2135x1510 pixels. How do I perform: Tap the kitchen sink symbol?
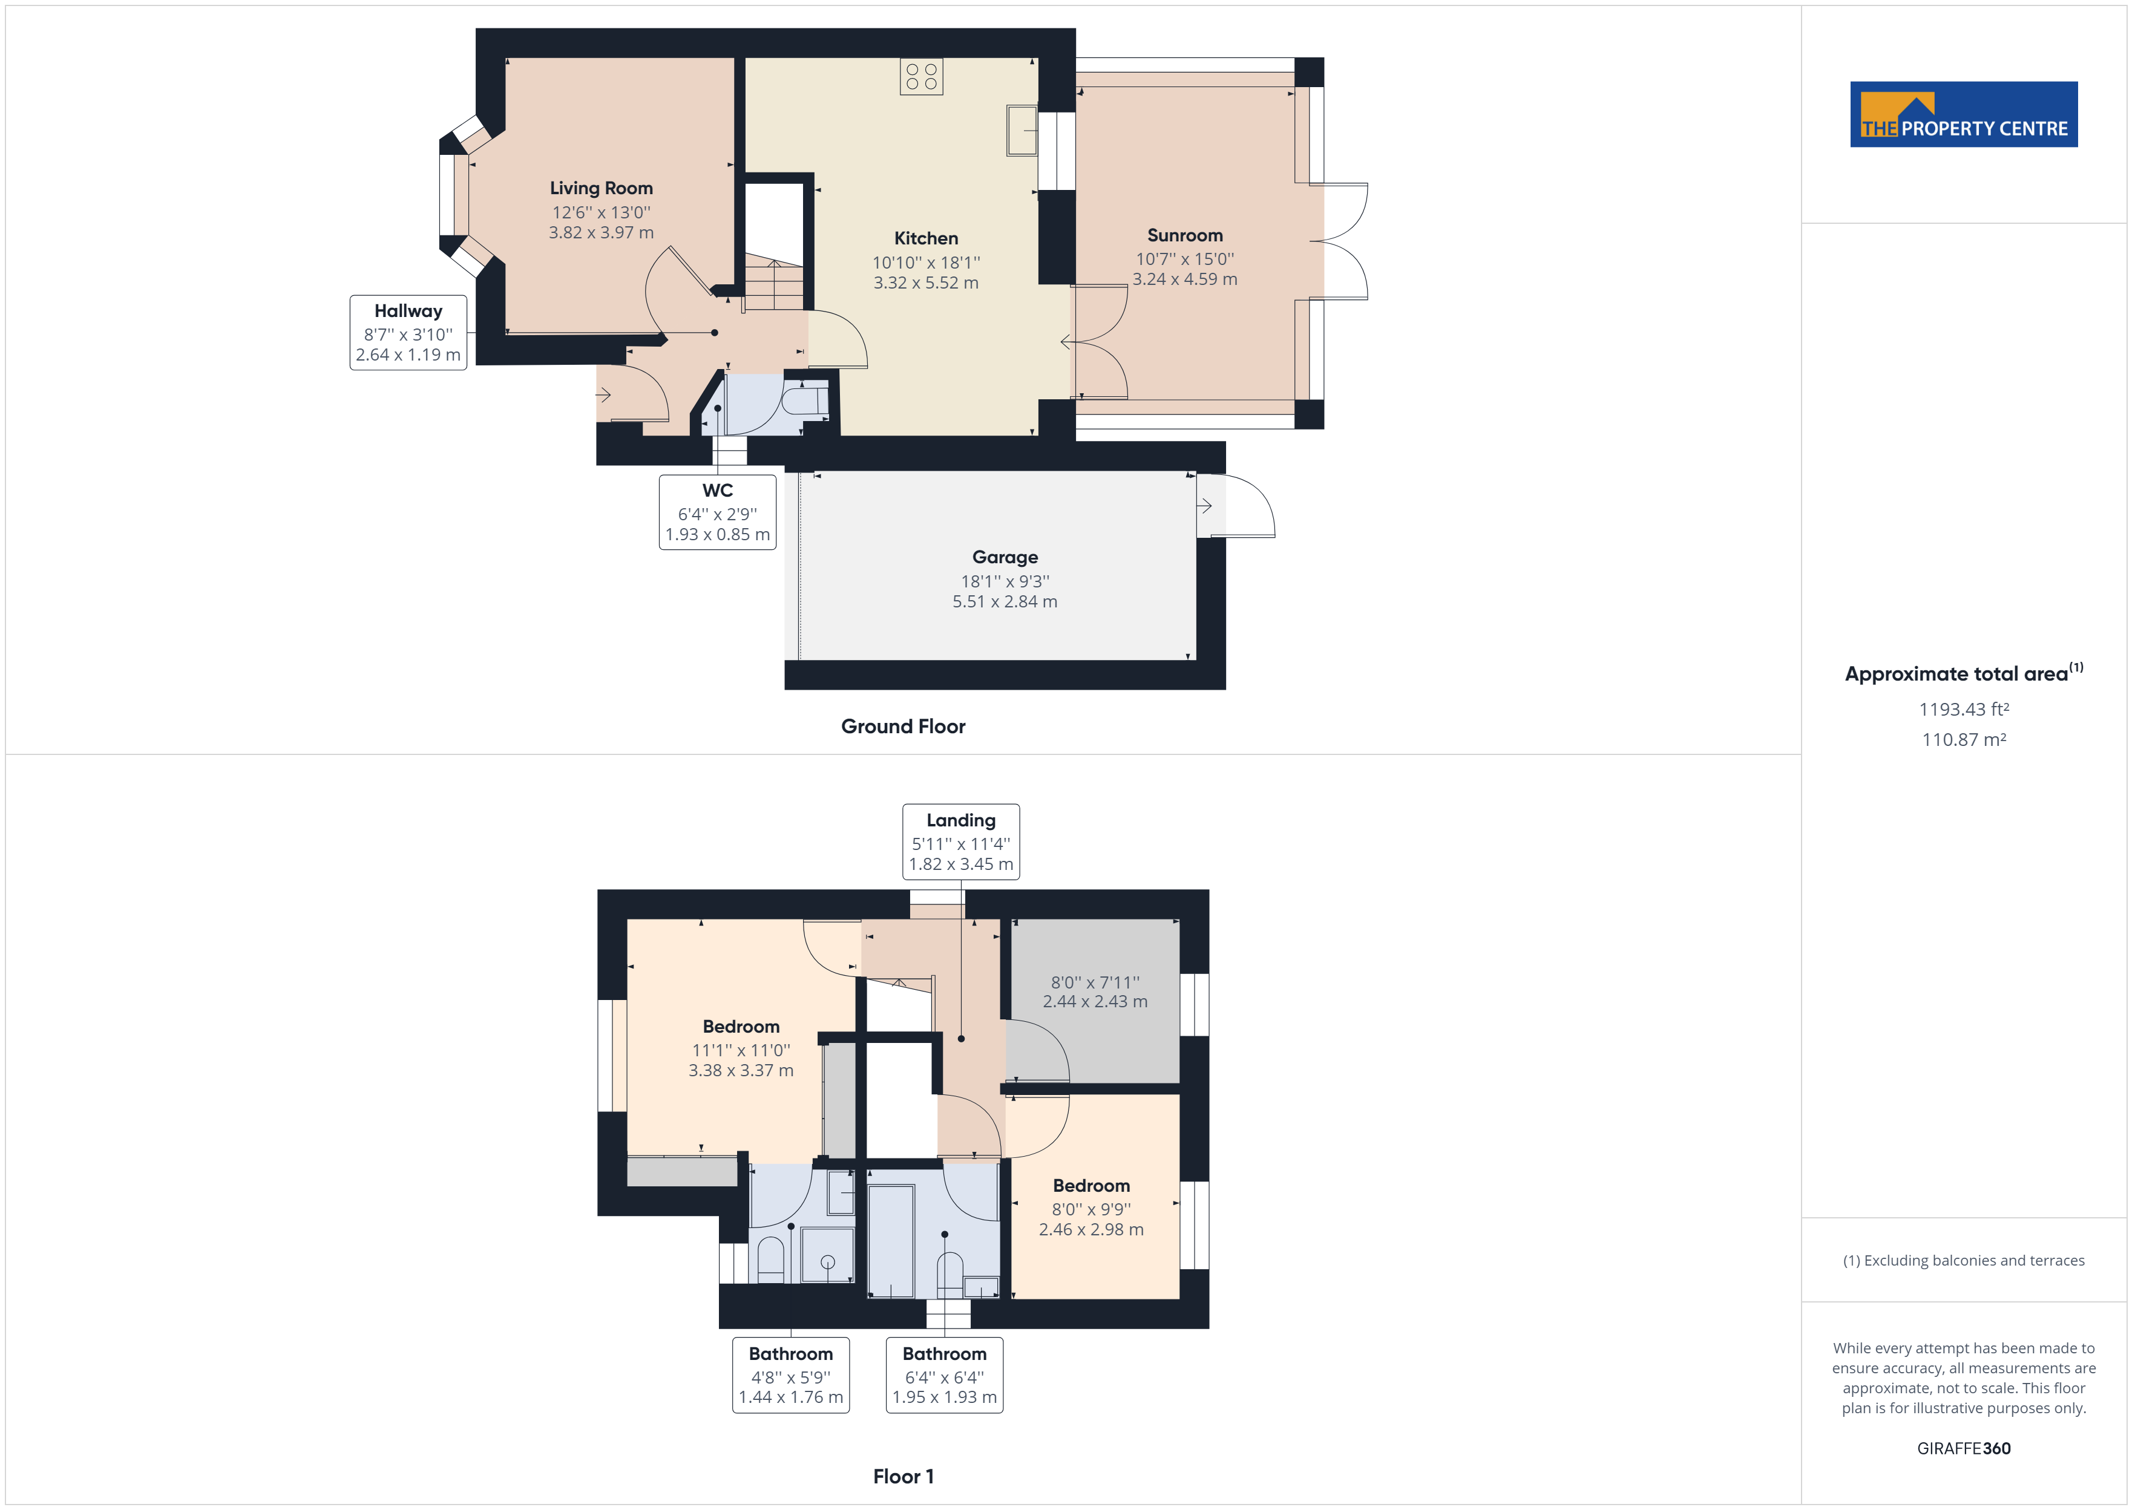[x=1022, y=130]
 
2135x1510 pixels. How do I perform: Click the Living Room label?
[x=601, y=188]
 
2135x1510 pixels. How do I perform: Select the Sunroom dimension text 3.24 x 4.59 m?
[x=1185, y=279]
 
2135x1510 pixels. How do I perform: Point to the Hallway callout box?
[x=408, y=333]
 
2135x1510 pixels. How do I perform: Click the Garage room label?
[x=1005, y=557]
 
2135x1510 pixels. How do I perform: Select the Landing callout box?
[x=960, y=842]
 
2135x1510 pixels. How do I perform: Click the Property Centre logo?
[x=1963, y=114]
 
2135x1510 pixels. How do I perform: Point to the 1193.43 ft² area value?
[x=1963, y=710]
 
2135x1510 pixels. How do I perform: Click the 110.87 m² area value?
[x=1963, y=740]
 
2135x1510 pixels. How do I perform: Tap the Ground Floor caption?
[x=903, y=726]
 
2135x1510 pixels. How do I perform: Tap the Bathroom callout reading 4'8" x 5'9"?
[x=790, y=1375]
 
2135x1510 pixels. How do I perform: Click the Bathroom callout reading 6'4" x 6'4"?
[x=944, y=1375]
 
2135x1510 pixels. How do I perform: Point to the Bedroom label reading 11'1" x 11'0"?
[x=740, y=1027]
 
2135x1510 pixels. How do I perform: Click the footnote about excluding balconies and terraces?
[x=1963, y=1261]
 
